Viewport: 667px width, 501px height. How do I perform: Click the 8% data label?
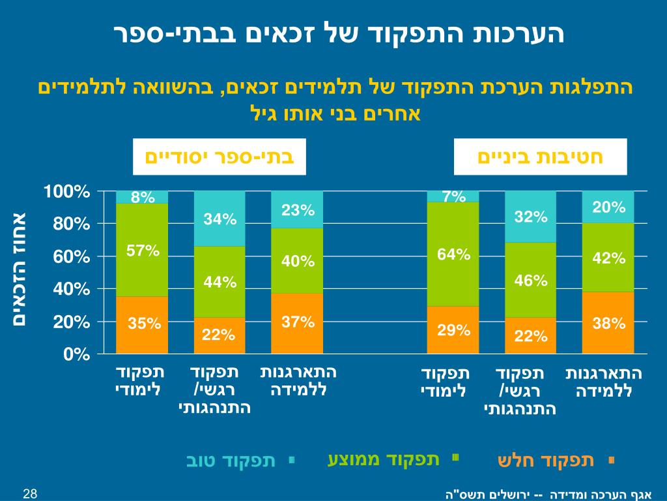pos(143,197)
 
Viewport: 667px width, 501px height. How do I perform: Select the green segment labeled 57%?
pos(142,250)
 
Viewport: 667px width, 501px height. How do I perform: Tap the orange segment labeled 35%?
pos(142,324)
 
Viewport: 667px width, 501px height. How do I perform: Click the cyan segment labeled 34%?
pos(220,219)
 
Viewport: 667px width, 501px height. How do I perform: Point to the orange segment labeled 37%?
pos(297,323)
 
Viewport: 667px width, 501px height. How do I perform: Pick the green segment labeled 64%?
pos(453,254)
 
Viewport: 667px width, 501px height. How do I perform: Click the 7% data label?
pos(453,196)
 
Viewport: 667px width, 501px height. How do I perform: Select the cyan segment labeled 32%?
pos(530,217)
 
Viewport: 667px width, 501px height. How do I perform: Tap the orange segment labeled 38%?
pos(608,322)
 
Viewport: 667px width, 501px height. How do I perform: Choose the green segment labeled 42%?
pos(608,258)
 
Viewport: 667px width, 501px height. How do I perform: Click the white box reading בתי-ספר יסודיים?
pos(219,157)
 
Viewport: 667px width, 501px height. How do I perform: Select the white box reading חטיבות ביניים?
pos(540,157)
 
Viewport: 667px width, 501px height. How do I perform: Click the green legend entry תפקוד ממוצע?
pos(384,459)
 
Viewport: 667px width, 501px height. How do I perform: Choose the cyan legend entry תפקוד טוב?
pos(231,461)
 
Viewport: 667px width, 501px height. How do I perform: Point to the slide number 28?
pos(29,493)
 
